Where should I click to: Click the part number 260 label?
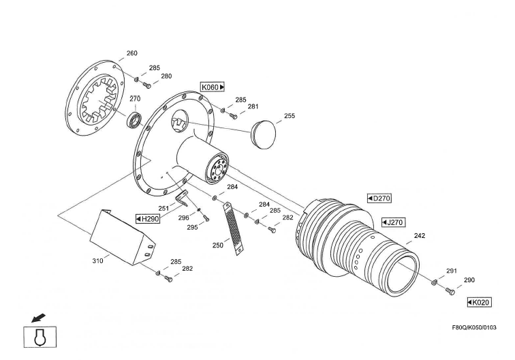[x=132, y=53]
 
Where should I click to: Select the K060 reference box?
[x=213, y=87]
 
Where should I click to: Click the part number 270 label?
[x=135, y=99]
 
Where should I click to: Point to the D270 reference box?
[x=379, y=198]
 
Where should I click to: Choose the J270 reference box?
[x=393, y=222]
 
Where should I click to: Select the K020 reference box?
[x=479, y=302]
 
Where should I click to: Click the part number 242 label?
[x=420, y=236]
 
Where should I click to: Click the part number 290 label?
[x=469, y=280]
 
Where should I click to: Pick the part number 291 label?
[x=451, y=271]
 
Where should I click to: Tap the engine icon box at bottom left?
[x=40, y=337]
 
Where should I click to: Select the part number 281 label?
[x=253, y=106]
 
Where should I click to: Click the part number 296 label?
[x=184, y=217]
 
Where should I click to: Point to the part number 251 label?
[x=163, y=208]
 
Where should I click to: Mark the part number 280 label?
[x=166, y=76]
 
